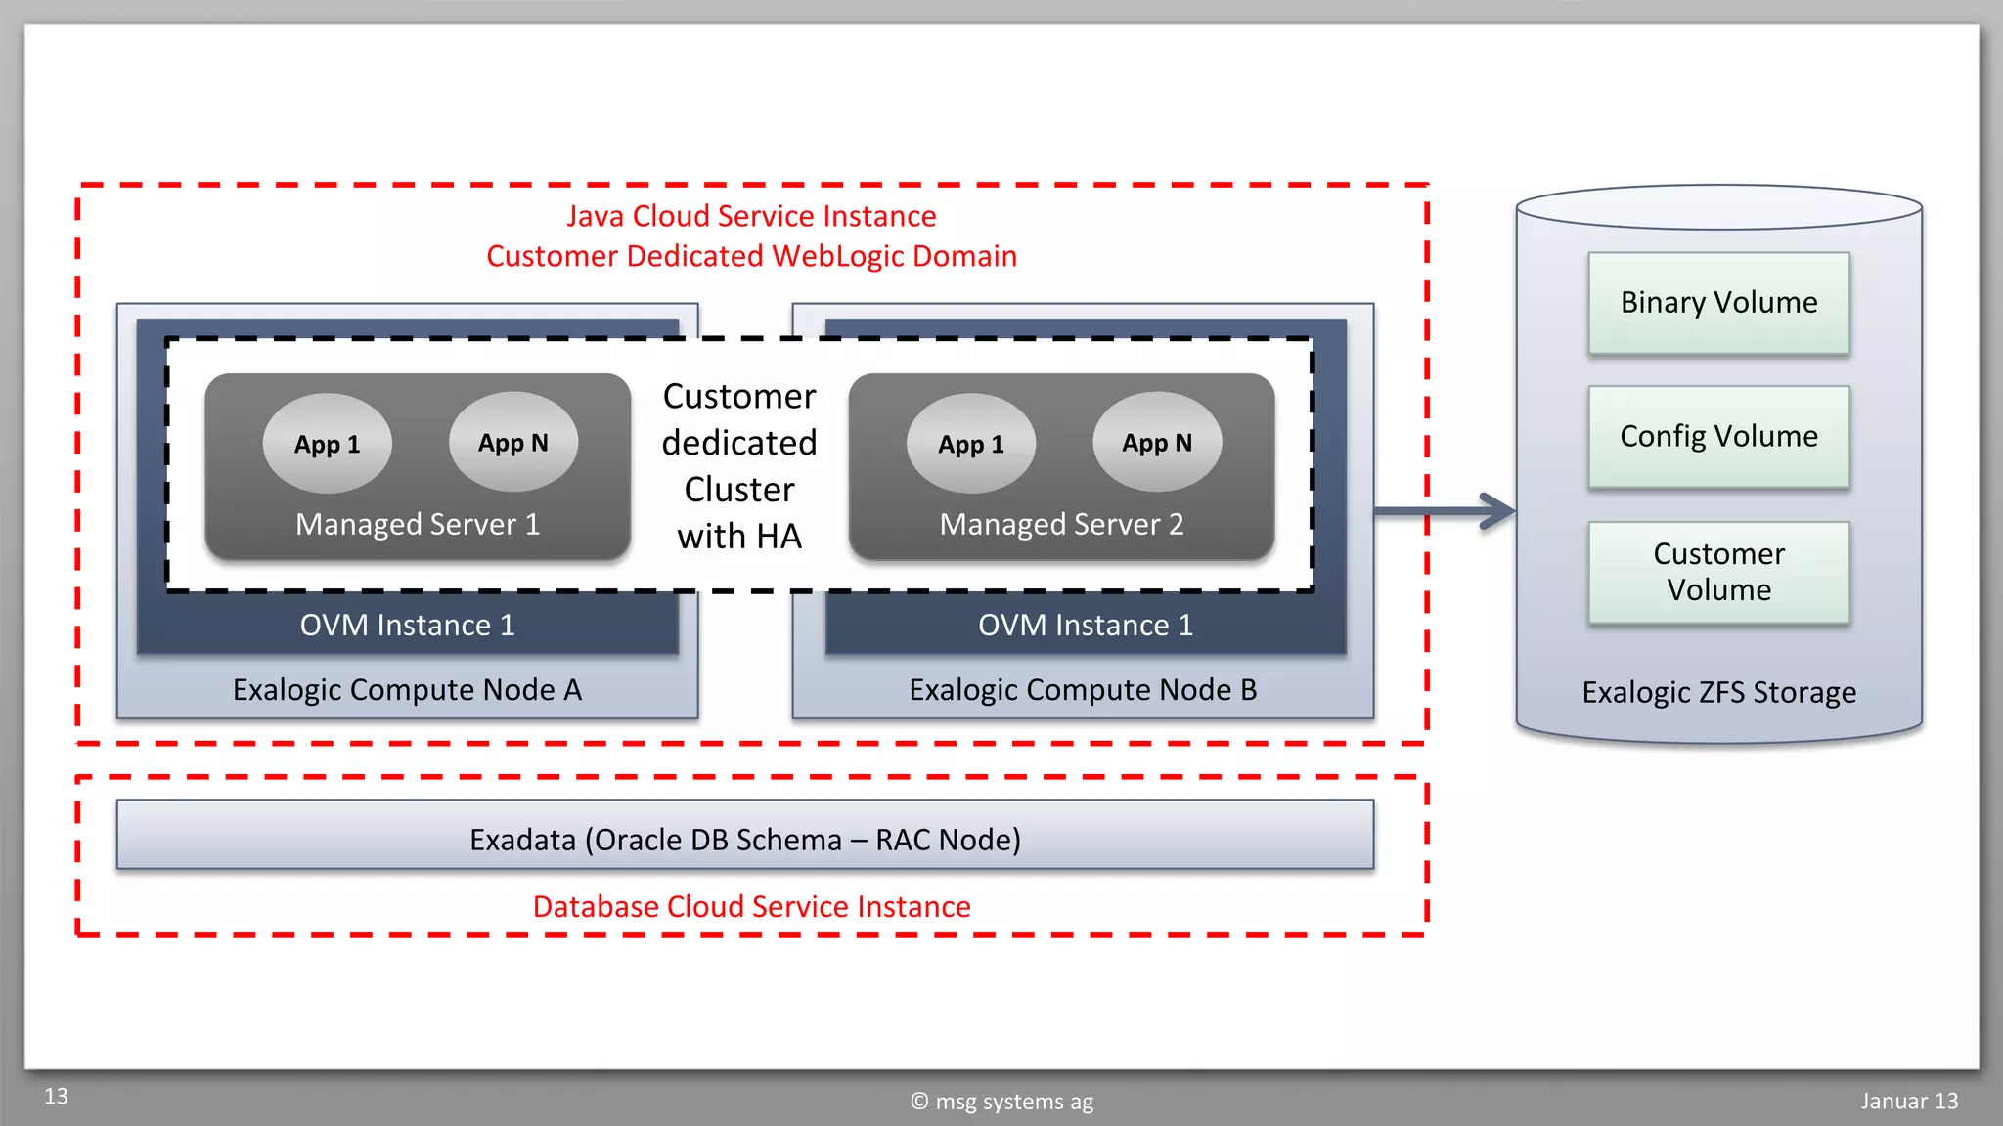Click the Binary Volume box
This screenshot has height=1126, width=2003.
(x=1718, y=303)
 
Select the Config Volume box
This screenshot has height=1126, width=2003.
(x=1718, y=436)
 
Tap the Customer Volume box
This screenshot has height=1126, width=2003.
(x=1718, y=572)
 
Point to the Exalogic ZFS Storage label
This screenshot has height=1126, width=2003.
(x=1718, y=692)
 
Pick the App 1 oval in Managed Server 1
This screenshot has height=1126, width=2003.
(x=328, y=444)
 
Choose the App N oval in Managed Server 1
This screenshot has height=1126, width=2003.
(x=513, y=443)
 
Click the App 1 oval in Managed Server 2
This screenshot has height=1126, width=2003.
(x=971, y=444)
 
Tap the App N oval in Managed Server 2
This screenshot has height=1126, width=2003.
(x=1157, y=443)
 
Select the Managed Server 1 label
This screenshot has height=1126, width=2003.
(x=418, y=524)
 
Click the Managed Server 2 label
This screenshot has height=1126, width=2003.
(x=1061, y=524)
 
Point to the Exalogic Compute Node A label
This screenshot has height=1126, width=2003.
(x=407, y=690)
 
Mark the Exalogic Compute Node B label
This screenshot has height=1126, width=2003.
(x=1083, y=690)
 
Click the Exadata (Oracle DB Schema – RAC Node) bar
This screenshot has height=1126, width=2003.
(x=745, y=839)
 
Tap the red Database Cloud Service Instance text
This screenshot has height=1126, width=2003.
(x=751, y=906)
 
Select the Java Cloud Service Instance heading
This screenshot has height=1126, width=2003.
(x=751, y=216)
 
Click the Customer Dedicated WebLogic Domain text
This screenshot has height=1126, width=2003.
(x=751, y=256)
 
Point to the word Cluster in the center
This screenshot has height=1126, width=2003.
(x=739, y=489)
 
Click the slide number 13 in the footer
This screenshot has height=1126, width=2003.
(x=57, y=1096)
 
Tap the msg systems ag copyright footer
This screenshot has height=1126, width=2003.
(x=1002, y=1102)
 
